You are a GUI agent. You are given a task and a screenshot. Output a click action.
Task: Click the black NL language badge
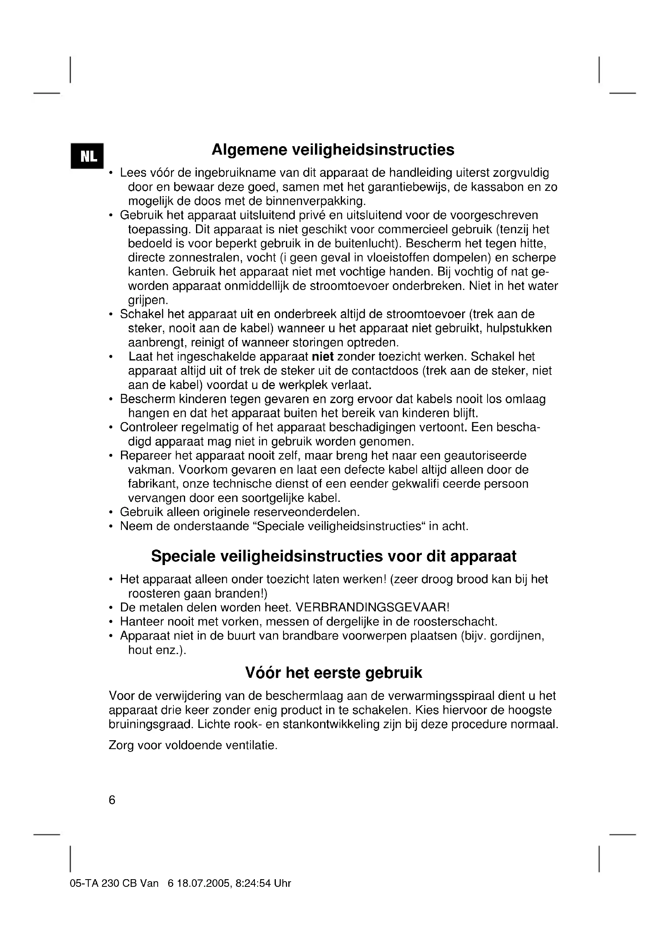click(87, 156)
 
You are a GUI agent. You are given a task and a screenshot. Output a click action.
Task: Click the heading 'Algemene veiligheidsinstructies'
click(333, 150)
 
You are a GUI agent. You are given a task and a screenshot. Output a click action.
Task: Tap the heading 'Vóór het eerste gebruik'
click(333, 673)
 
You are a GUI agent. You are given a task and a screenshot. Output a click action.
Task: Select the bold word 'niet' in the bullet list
click(323, 356)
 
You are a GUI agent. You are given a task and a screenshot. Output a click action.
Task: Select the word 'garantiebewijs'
click(407, 187)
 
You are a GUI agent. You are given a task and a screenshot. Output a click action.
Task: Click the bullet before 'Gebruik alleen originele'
click(111, 512)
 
